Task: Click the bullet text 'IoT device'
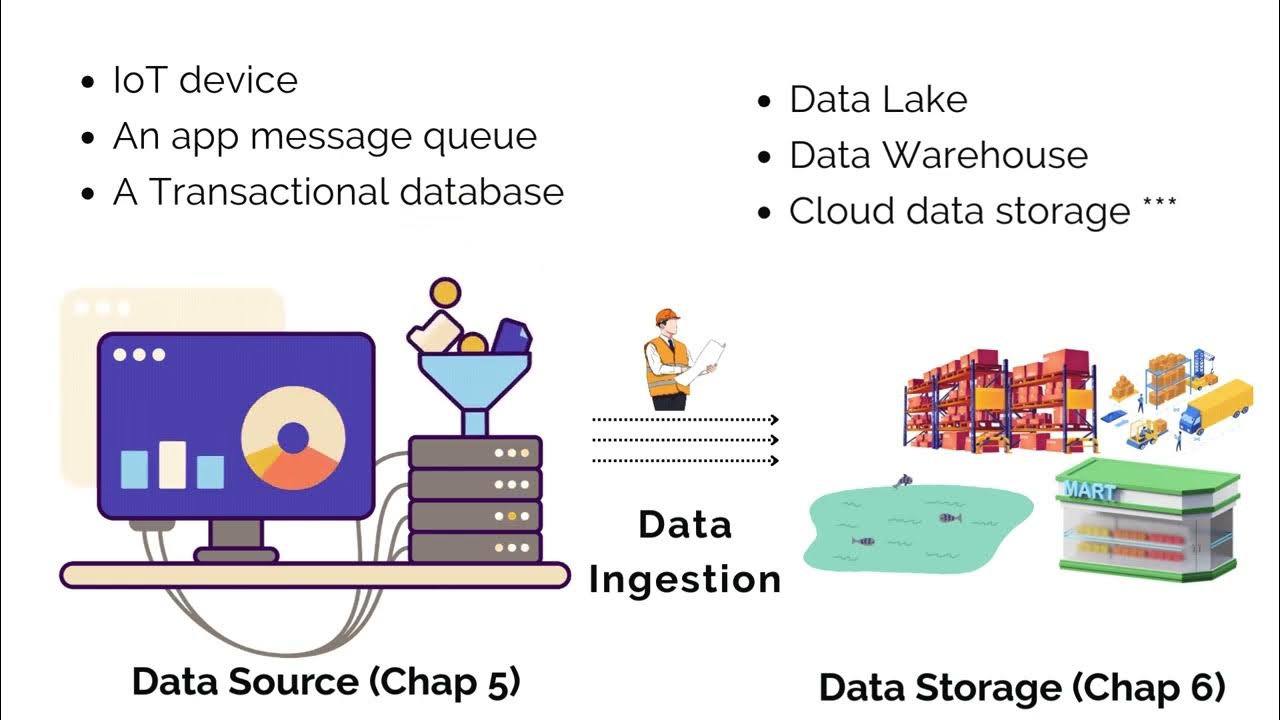(x=205, y=80)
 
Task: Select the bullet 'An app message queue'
(x=324, y=136)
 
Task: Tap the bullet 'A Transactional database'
(x=338, y=192)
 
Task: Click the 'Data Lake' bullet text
(x=878, y=100)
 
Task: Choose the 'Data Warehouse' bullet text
(x=938, y=156)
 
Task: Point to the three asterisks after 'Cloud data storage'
(x=1159, y=204)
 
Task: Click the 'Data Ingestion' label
(x=685, y=552)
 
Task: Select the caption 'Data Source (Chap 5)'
(x=326, y=682)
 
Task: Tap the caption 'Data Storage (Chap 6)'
(x=1022, y=688)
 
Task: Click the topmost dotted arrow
(x=685, y=420)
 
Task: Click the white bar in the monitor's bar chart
(x=172, y=464)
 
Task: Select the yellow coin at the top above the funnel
(x=444, y=294)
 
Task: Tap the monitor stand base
(x=236, y=554)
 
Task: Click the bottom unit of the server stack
(x=475, y=547)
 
